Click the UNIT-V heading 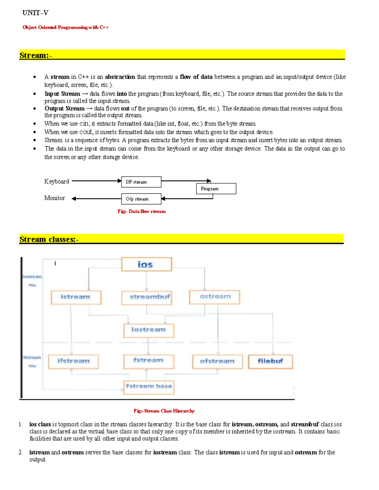pyautogui.click(x=35, y=13)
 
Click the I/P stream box pyautogui.click(x=141, y=182)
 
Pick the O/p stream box pyautogui.click(x=141, y=199)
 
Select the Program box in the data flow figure pyautogui.click(x=216, y=189)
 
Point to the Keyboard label pyautogui.click(x=57, y=181)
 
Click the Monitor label pyautogui.click(x=55, y=198)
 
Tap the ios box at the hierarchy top pyautogui.click(x=147, y=264)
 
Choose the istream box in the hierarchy pyautogui.click(x=76, y=297)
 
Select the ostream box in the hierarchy pyautogui.click(x=214, y=297)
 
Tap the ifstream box pyautogui.click(x=73, y=362)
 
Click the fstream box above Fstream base pyautogui.click(x=149, y=361)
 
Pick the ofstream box pyautogui.click(x=217, y=362)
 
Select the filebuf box pyautogui.click(x=270, y=362)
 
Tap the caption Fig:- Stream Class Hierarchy pyautogui.click(x=164, y=411)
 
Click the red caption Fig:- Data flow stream pyautogui.click(x=141, y=211)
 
